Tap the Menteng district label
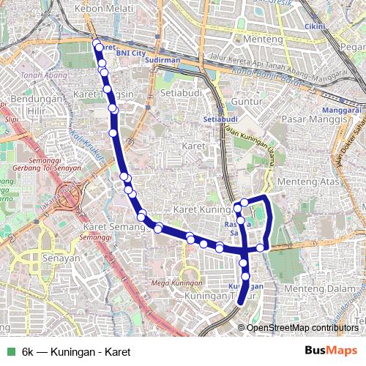pyautogui.click(x=263, y=38)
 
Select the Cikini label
pyautogui.click(x=315, y=27)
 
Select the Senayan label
pyautogui.click(x=61, y=258)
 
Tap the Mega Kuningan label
pyautogui.click(x=176, y=283)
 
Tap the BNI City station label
pyautogui.click(x=131, y=53)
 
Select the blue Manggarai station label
pyautogui.click(x=347, y=110)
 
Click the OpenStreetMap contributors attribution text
pyautogui.click(x=302, y=327)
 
